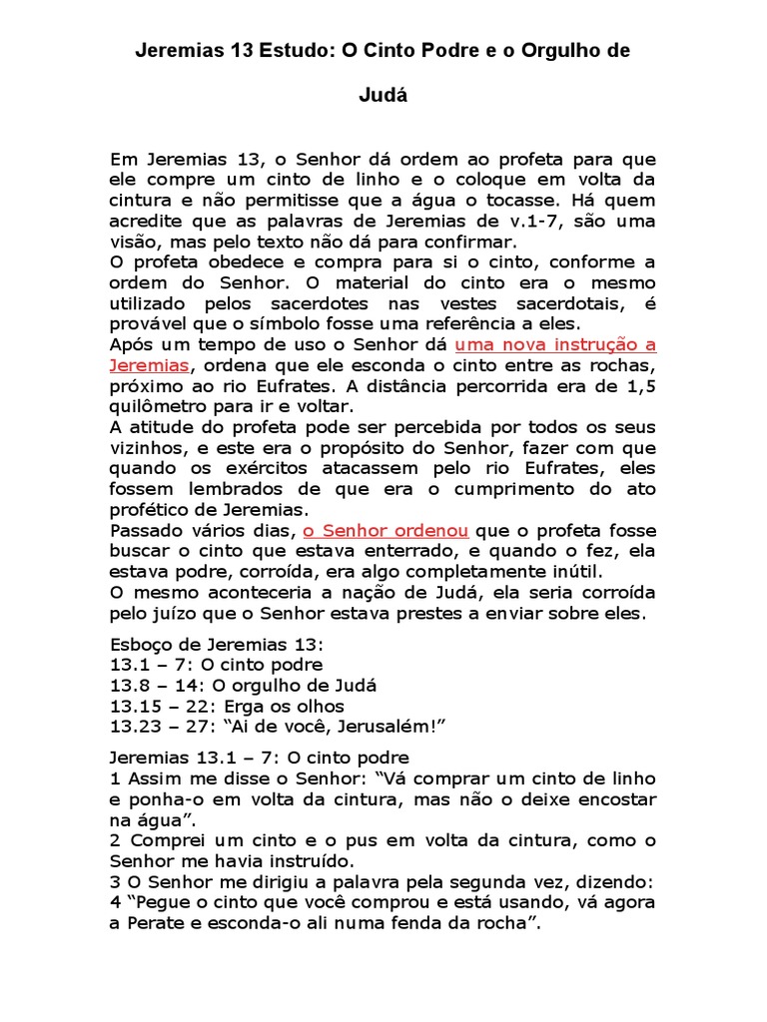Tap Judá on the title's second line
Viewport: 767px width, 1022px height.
[x=383, y=99]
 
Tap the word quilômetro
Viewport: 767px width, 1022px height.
[x=159, y=406]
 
